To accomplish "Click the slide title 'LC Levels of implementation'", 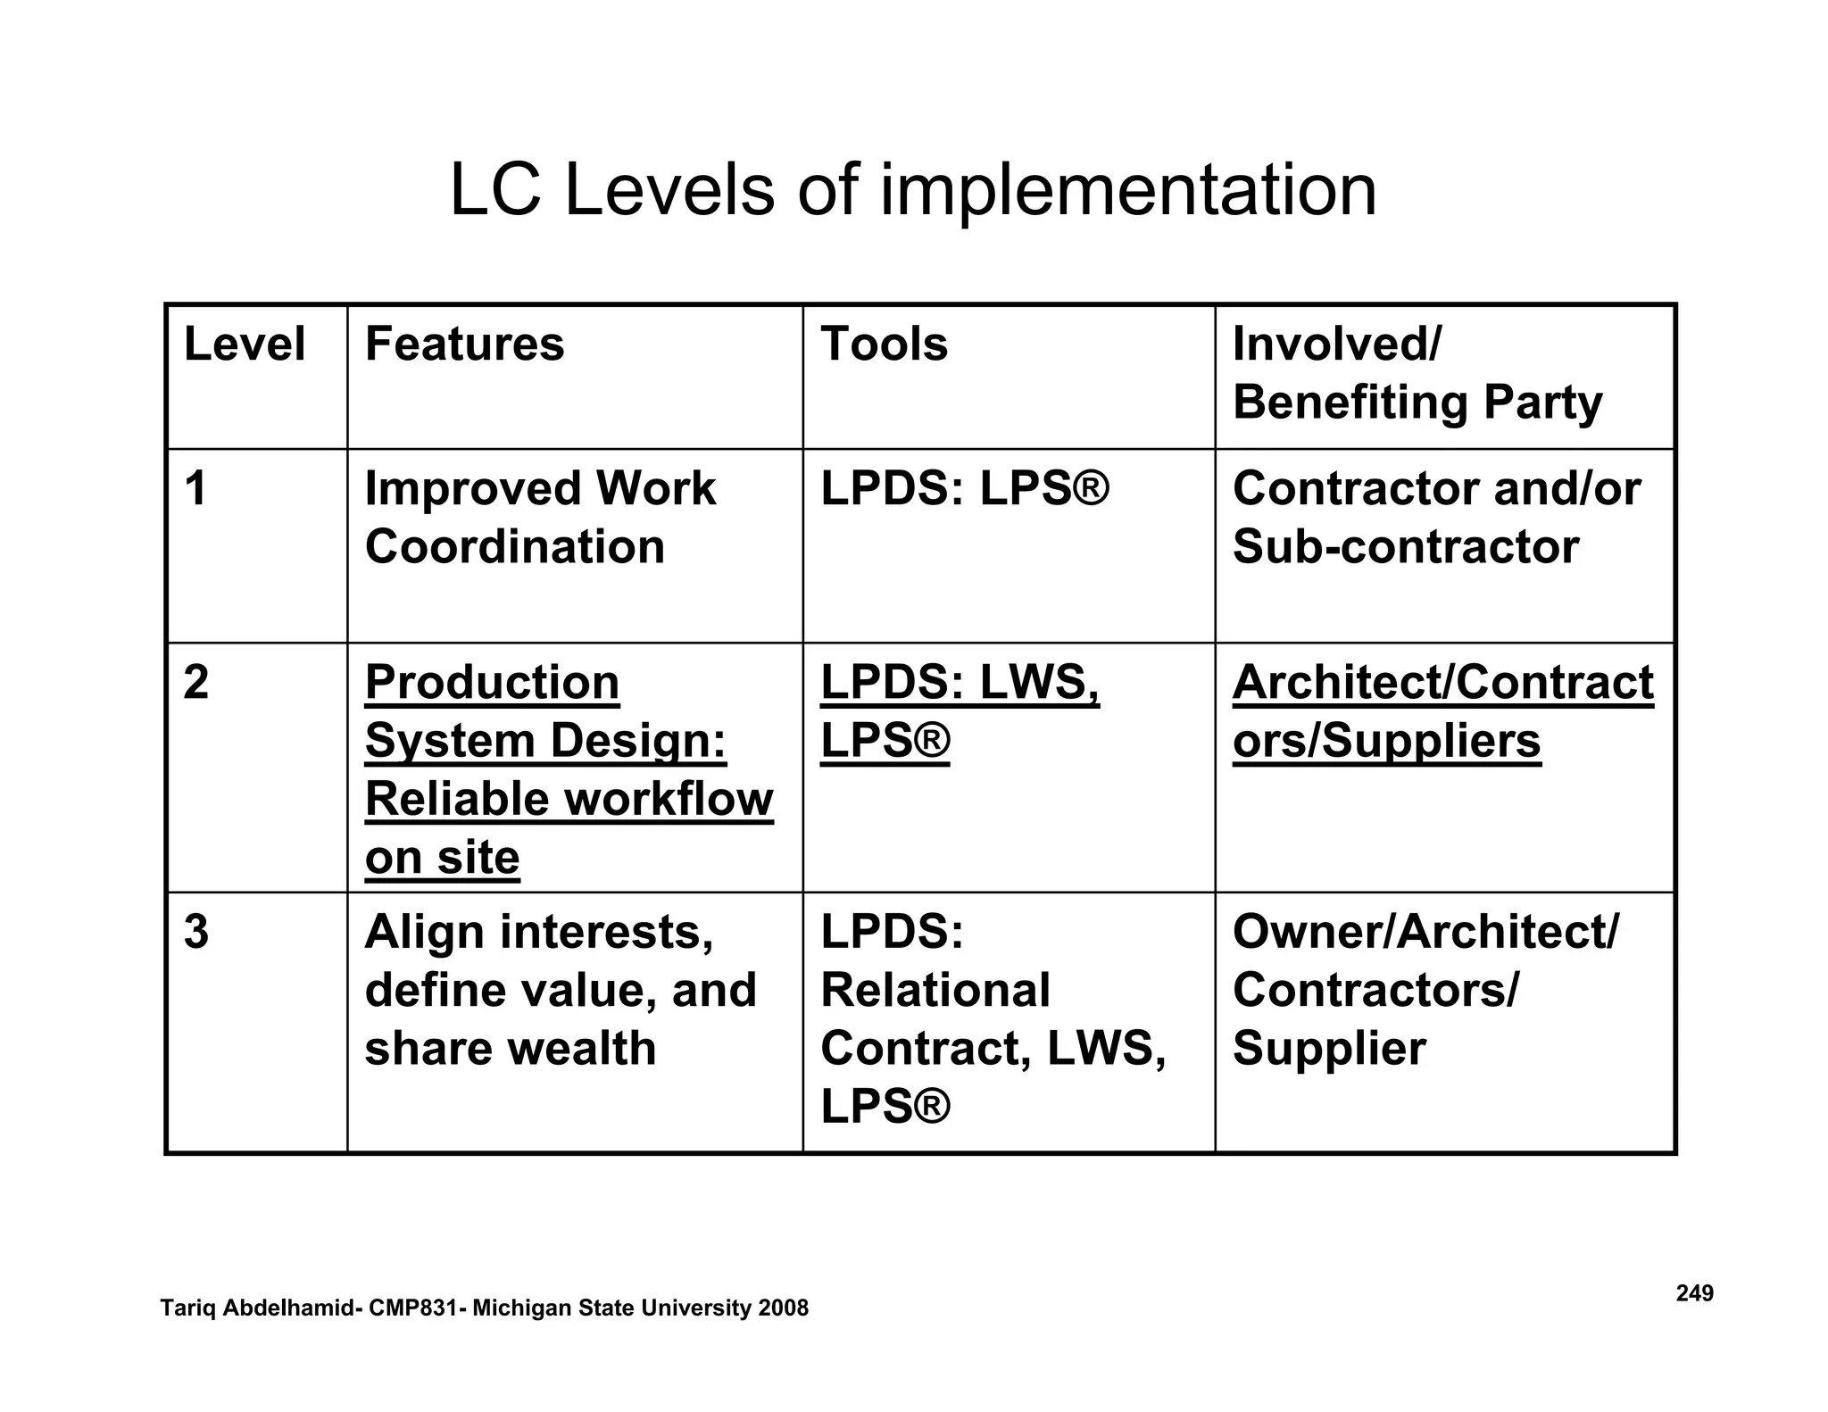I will [913, 190].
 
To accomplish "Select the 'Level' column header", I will [244, 345].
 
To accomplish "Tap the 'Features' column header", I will [464, 345].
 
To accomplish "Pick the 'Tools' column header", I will [884, 345].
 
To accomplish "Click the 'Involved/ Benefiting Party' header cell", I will [1417, 373].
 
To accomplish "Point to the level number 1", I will [195, 489].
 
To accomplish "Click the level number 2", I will [195, 683].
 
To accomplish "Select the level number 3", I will [195, 932].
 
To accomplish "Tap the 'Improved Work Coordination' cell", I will [540, 518].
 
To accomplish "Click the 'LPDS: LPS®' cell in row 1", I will [964, 489].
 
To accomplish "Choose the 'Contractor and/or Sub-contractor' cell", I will [1435, 518].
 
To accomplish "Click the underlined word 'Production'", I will [492, 683].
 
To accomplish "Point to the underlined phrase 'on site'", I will [442, 858].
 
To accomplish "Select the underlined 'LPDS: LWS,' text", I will [960, 683].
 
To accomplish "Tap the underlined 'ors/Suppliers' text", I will [1386, 741].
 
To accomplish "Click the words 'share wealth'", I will [510, 1048].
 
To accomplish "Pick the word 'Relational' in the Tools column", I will [935, 990].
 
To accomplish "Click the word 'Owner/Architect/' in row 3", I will [1425, 932].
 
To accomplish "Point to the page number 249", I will [1694, 1293].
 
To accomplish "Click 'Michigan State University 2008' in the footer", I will [640, 1308].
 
